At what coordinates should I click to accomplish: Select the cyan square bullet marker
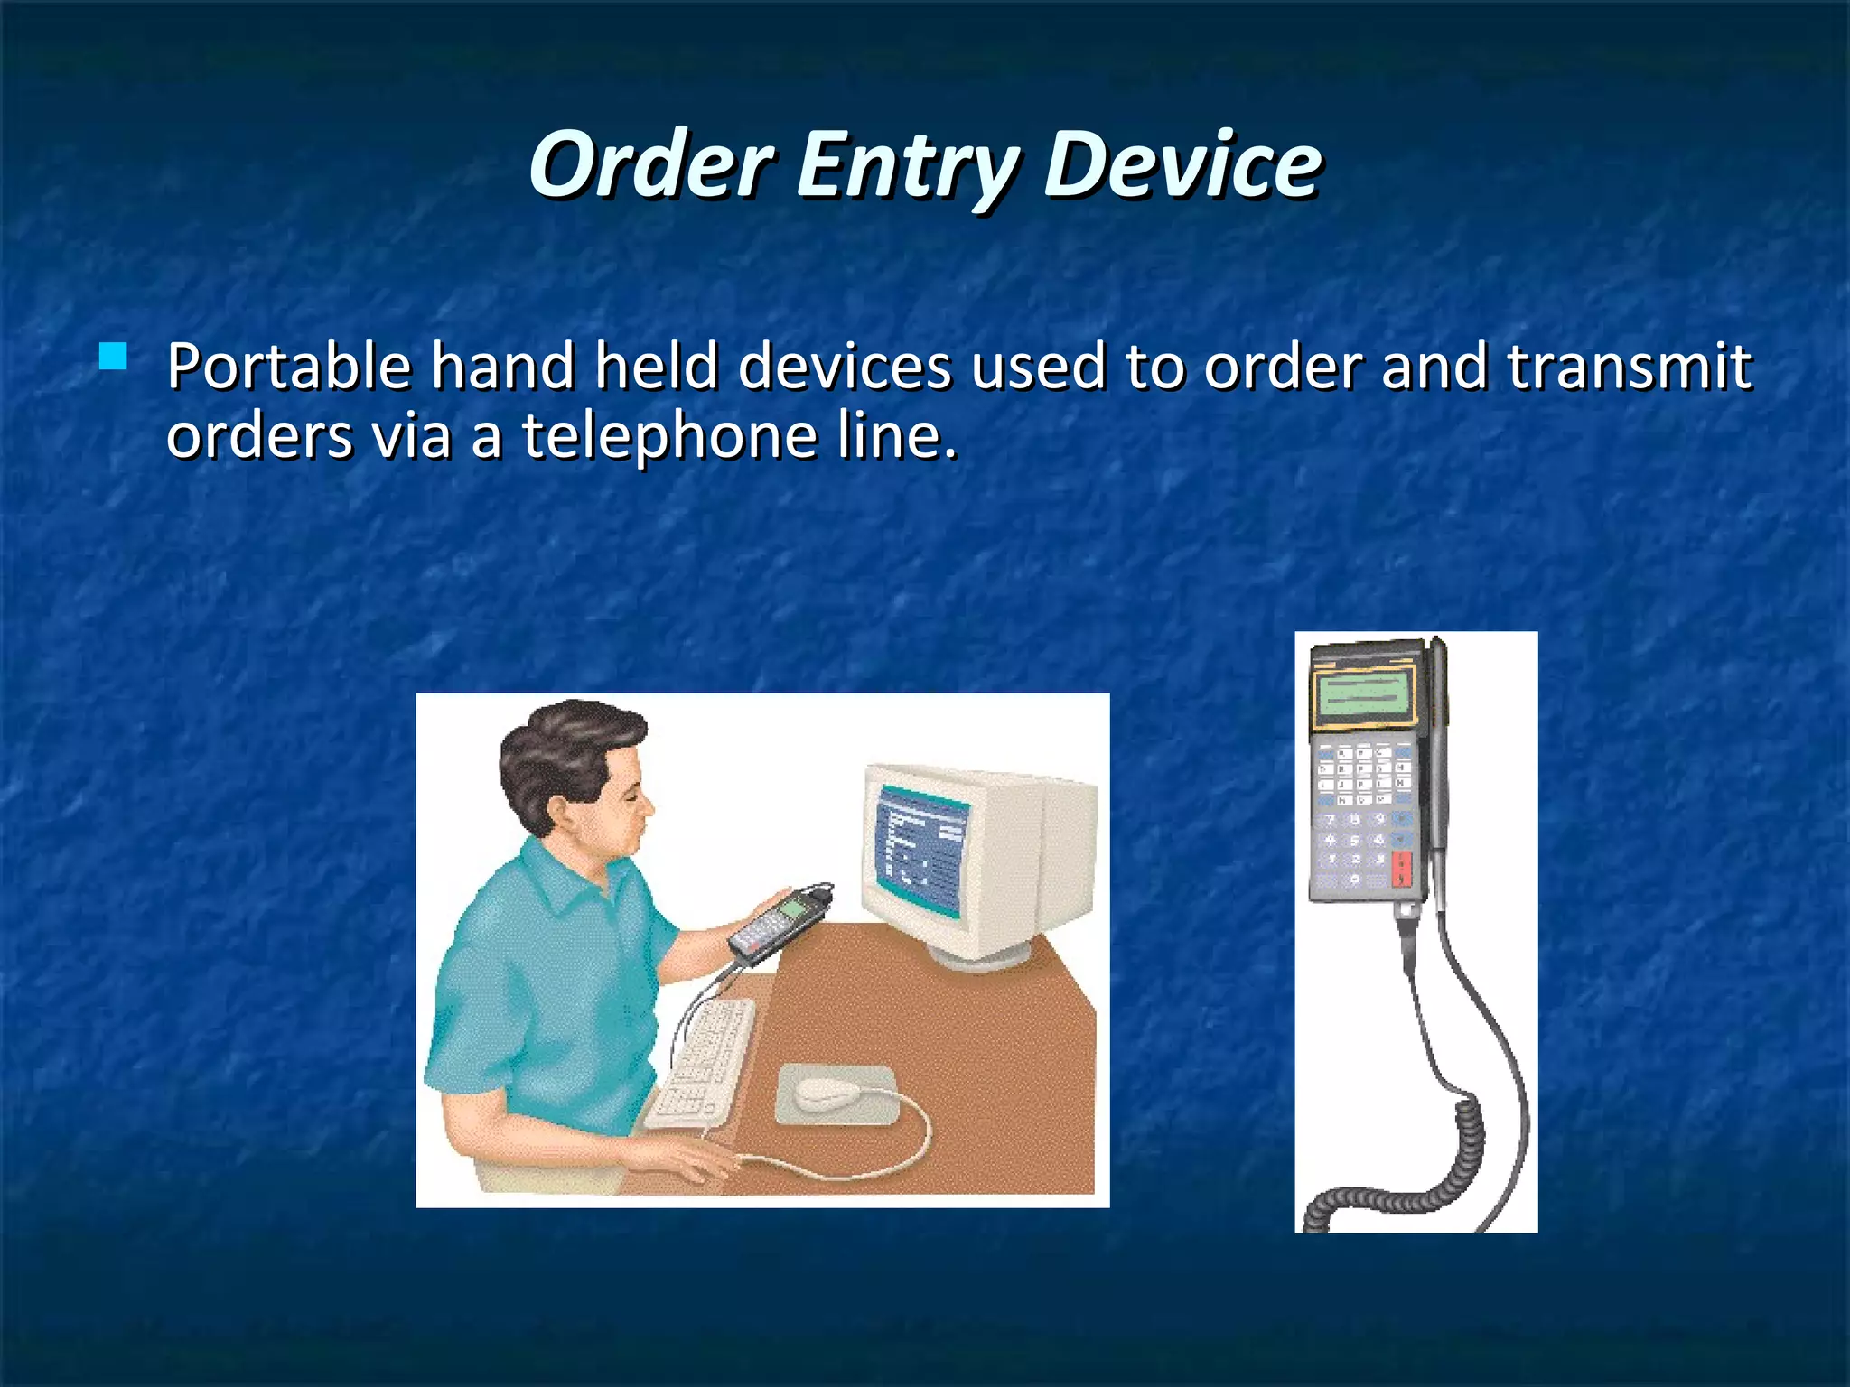pos(114,357)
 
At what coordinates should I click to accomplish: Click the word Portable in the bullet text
pos(289,368)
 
